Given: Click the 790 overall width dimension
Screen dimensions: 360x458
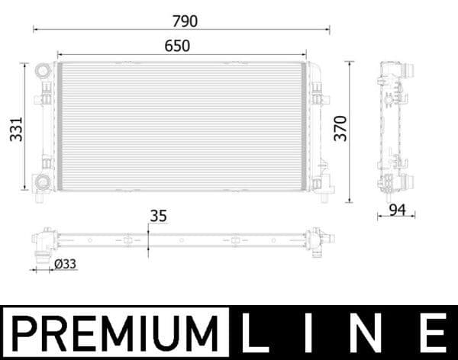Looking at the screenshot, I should (x=183, y=21).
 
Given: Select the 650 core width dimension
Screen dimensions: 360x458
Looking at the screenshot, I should (x=176, y=46).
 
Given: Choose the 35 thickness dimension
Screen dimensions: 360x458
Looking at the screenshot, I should (x=158, y=216).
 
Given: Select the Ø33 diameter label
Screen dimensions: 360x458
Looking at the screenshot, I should (x=66, y=264).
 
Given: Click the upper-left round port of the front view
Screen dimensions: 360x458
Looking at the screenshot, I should (x=41, y=72).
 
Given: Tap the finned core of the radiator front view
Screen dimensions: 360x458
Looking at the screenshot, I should (x=182, y=126).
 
